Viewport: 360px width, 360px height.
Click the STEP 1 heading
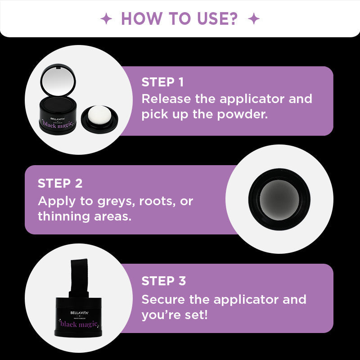click(162, 82)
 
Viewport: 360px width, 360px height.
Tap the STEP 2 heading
click(60, 184)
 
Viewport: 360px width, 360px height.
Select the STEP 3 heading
click(163, 281)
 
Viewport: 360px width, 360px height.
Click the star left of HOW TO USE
click(106, 19)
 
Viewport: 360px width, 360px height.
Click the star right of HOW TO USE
click(254, 19)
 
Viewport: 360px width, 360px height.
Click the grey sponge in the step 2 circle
click(279, 199)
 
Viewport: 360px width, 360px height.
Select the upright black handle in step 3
click(79, 279)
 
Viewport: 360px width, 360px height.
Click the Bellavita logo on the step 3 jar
click(79, 311)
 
